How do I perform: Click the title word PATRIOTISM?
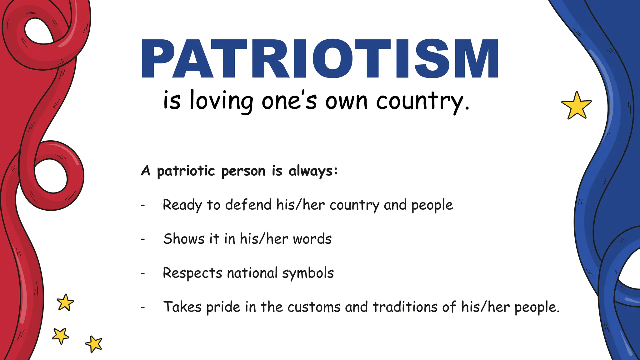pyautogui.click(x=320, y=58)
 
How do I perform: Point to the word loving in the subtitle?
pyautogui.click(x=221, y=101)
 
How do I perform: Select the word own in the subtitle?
pyautogui.click(x=346, y=102)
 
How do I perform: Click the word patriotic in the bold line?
pyautogui.click(x=186, y=171)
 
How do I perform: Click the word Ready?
pyautogui.click(x=182, y=205)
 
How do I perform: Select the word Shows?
pyautogui.click(x=184, y=239)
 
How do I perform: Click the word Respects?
pyautogui.click(x=192, y=273)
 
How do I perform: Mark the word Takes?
pyautogui.click(x=182, y=307)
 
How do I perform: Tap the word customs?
pyautogui.click(x=314, y=307)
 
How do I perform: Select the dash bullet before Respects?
pyautogui.click(x=143, y=274)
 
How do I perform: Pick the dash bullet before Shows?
pyautogui.click(x=143, y=240)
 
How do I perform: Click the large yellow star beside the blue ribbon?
pyautogui.click(x=576, y=106)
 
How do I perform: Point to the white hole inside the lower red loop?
pyautogui.click(x=51, y=176)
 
